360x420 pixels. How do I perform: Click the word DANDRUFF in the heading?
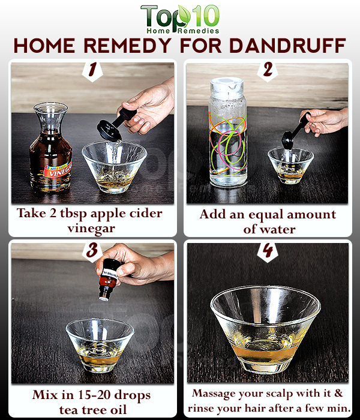(x=287, y=46)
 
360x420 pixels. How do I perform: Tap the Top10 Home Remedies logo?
(x=180, y=19)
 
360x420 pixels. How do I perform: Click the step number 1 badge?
(x=92, y=71)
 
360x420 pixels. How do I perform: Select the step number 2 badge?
(x=268, y=71)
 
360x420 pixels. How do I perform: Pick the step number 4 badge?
(x=268, y=252)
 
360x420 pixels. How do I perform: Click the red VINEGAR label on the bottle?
(x=58, y=169)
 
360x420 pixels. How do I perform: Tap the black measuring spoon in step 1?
(x=115, y=125)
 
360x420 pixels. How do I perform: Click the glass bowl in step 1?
(x=115, y=167)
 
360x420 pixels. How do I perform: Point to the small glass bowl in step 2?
(x=290, y=166)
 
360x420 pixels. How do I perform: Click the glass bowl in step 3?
(x=100, y=345)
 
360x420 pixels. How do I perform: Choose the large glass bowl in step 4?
(x=265, y=329)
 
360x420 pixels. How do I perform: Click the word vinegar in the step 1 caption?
(x=91, y=229)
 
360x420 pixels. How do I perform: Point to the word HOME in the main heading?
(x=44, y=46)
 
